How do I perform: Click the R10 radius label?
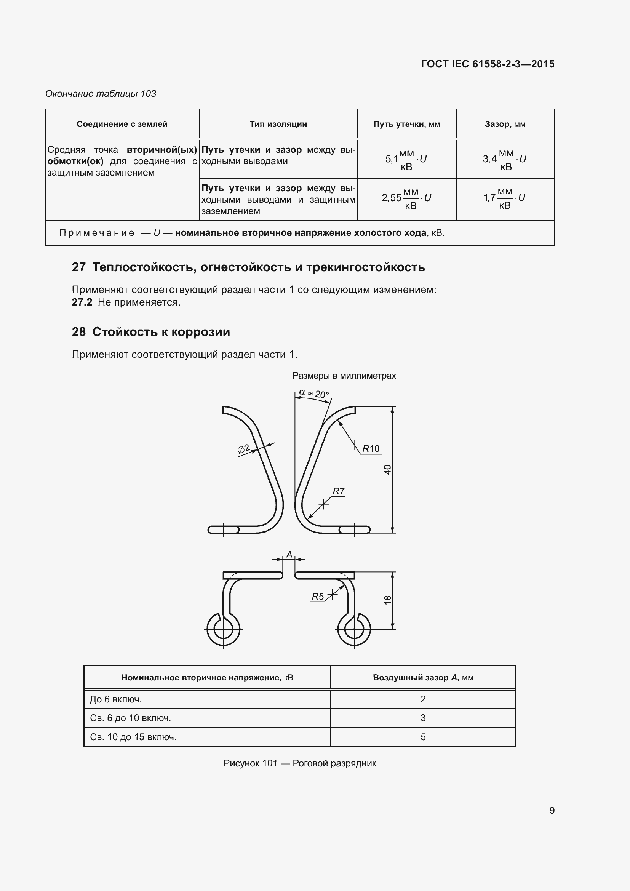pos(371,449)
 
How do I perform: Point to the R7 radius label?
pos(338,491)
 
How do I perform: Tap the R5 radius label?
pos(318,597)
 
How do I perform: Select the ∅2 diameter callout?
pos(244,449)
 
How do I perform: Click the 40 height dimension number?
pos(387,470)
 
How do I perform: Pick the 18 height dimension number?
pos(387,600)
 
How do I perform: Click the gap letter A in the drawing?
pos(289,555)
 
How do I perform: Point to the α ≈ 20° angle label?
pos(314,394)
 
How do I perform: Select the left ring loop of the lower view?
pos(223,629)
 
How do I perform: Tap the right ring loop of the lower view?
pos(354,629)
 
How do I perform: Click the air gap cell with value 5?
pos(423,737)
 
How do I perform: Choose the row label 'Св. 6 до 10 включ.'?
pos(130,718)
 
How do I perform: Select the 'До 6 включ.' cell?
pos(116,699)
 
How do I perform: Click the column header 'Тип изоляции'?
pos(278,124)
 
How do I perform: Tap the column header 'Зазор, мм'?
pos(505,124)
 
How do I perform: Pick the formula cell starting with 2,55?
pos(406,198)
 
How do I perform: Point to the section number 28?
pos(79,332)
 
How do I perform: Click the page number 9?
pos(552,810)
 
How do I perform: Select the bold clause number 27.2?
pos(82,302)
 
